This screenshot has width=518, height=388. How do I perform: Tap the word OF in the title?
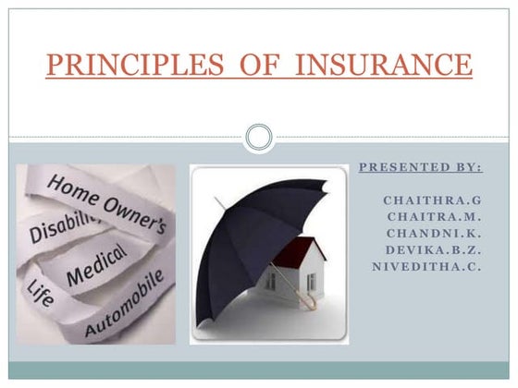(244, 67)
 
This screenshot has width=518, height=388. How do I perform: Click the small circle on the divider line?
(259, 139)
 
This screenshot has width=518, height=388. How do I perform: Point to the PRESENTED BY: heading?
(420, 168)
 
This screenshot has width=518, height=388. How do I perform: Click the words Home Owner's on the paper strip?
(105, 200)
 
